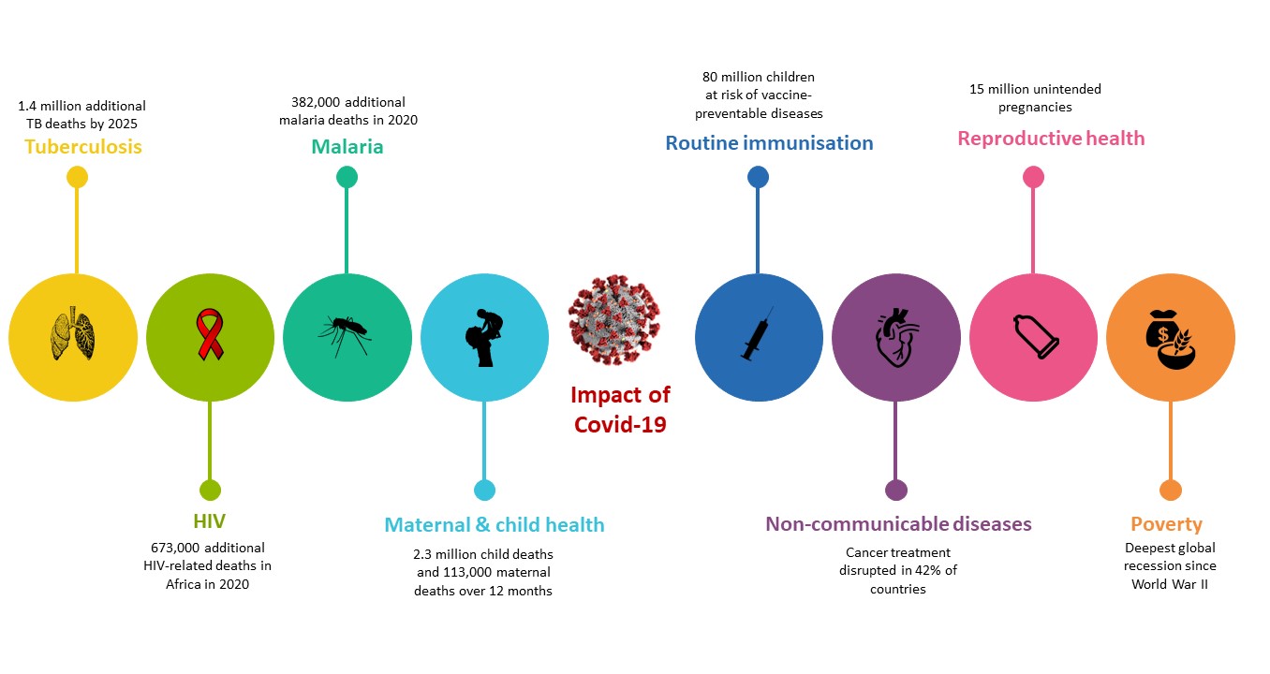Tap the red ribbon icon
coord(210,334)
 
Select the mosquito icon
coord(346,335)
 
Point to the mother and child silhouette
coord(483,338)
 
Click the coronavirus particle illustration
coord(614,320)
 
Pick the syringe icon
coord(758,333)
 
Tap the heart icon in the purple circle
coord(897,338)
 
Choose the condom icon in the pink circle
coord(1036,337)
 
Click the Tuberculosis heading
coord(83,147)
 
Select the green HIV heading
coord(209,521)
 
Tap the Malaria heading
coord(347,147)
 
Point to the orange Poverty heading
coord(1166,524)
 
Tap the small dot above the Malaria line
coord(347,177)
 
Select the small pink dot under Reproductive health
coord(1033,177)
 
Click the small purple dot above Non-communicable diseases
coord(895,491)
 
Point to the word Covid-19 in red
coord(620,425)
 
